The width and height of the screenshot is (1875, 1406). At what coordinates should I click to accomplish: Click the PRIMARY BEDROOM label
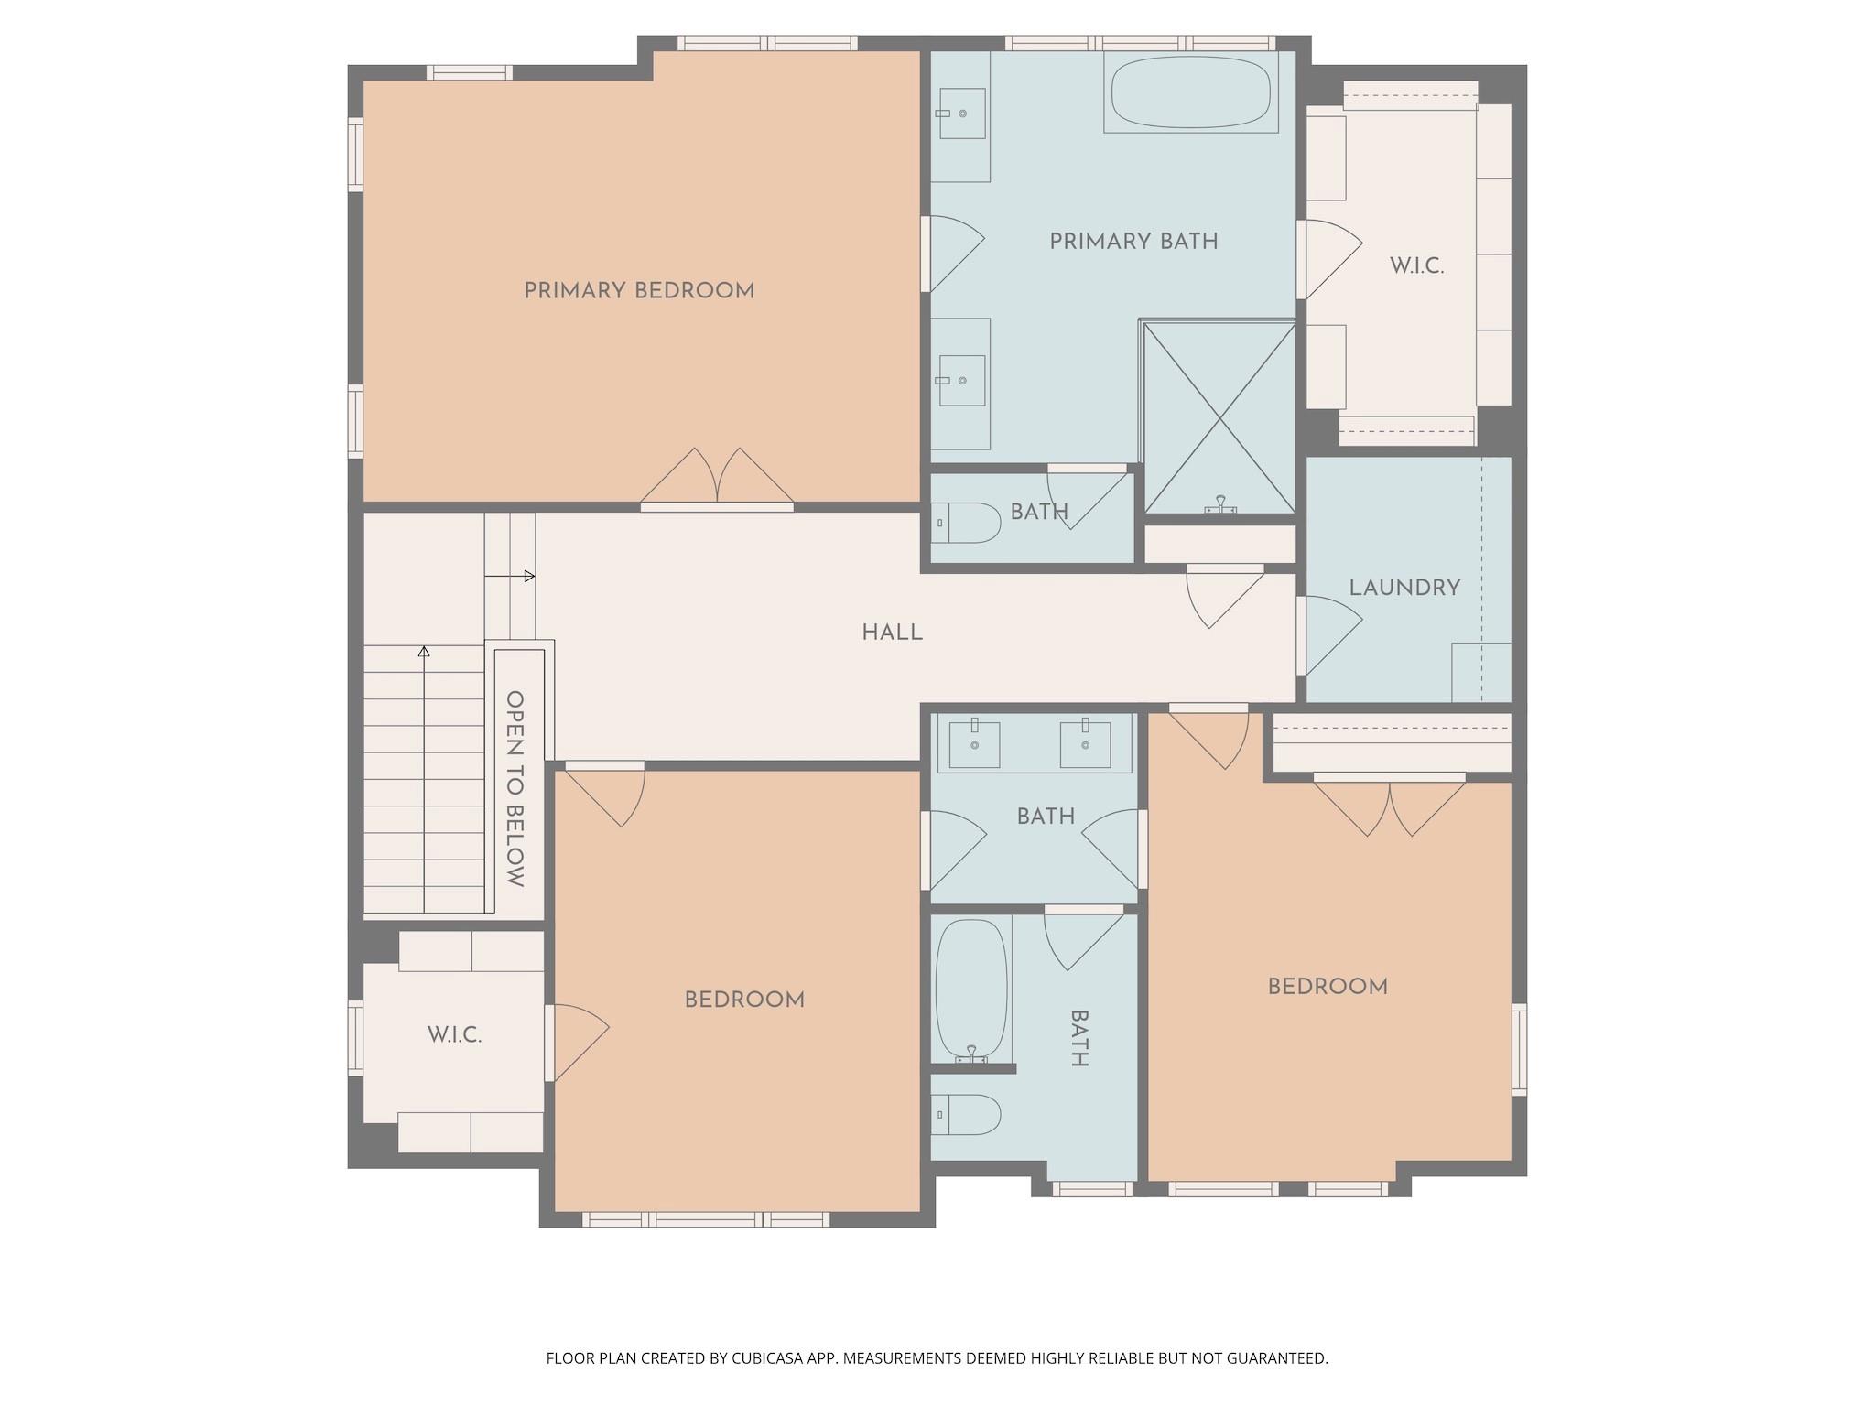[639, 291]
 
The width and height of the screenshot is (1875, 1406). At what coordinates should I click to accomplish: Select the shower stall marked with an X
[1220, 418]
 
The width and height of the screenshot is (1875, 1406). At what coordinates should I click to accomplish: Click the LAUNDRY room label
[1404, 588]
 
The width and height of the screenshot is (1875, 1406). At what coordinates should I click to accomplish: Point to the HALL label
[892, 633]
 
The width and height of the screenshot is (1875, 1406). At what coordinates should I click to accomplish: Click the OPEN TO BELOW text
[515, 788]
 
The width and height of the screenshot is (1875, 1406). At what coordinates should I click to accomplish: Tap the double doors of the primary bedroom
[717, 479]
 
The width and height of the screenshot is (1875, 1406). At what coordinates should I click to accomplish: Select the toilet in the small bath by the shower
[969, 523]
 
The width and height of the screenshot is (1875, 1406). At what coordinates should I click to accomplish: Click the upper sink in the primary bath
[961, 114]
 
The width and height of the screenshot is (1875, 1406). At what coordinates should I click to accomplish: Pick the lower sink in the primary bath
[961, 380]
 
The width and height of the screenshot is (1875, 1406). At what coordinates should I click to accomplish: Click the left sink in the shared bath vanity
[974, 744]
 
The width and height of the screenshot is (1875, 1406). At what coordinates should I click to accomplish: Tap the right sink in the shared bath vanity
[1085, 744]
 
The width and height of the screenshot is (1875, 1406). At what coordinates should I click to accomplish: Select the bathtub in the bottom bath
[971, 990]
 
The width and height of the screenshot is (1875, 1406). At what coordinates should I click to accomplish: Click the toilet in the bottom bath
[969, 1114]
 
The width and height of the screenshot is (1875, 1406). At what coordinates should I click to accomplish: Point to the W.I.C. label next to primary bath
[1416, 266]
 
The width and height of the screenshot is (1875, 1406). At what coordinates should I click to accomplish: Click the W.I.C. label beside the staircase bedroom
[454, 1035]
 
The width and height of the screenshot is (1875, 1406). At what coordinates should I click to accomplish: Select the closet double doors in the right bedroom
[1390, 805]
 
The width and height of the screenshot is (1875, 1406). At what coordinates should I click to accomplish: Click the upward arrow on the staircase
[424, 652]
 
